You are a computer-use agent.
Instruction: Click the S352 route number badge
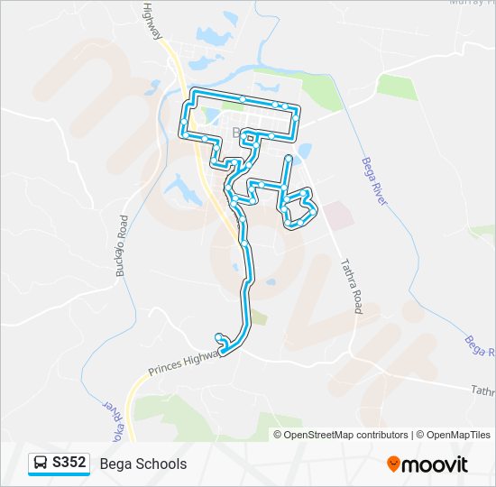click(69, 464)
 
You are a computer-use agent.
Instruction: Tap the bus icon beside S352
click(41, 464)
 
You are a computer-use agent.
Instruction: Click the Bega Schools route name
click(143, 464)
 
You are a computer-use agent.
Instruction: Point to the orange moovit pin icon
click(393, 464)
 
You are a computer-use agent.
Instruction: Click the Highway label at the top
click(153, 20)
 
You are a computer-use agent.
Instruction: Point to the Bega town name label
click(240, 133)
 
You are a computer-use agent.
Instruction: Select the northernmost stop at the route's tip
click(243, 97)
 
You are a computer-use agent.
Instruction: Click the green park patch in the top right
click(396, 87)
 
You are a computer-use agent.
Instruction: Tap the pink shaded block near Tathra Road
click(337, 215)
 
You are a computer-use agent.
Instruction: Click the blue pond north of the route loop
click(215, 36)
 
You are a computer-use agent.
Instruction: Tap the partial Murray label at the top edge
click(469, 4)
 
